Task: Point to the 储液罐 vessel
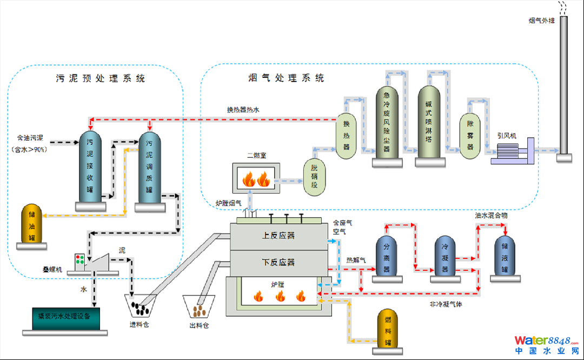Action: coord(505,255)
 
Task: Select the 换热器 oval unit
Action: coord(347,136)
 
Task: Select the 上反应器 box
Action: coord(278,236)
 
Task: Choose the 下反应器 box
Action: coord(278,262)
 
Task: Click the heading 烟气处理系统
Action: coord(286,78)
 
